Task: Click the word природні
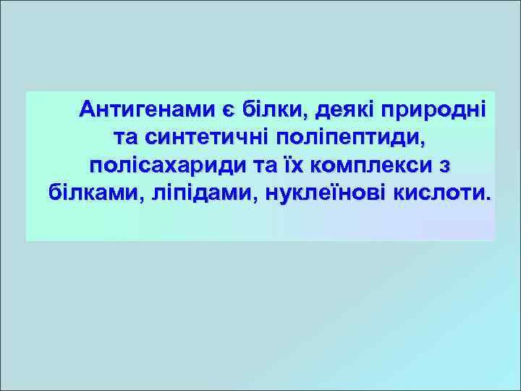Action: point(436,110)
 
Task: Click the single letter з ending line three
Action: point(444,166)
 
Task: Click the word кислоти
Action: point(439,193)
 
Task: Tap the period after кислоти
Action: point(486,198)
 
